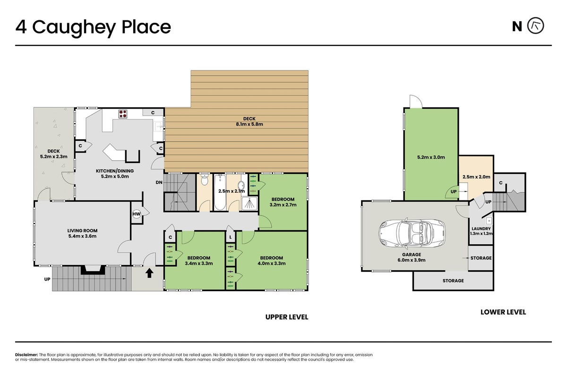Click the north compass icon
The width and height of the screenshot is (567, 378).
(536, 26)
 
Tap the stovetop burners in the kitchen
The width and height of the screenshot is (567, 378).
(123, 114)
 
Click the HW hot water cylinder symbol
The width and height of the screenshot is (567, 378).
(137, 214)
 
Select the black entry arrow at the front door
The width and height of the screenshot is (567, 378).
(149, 273)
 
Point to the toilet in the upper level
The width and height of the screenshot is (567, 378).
(204, 180)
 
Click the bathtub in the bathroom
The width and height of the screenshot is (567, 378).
(220, 192)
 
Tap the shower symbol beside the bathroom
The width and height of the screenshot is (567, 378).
(249, 204)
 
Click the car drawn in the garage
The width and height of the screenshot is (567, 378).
(412, 232)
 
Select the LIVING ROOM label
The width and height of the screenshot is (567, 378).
(82, 231)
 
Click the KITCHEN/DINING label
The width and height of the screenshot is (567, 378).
(115, 171)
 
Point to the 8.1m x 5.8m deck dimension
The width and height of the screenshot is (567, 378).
(249, 124)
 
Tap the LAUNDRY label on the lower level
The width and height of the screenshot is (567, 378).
(481, 229)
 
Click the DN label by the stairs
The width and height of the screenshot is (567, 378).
(159, 182)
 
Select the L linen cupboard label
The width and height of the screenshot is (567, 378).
(231, 238)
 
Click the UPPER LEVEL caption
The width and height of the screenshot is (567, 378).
(287, 317)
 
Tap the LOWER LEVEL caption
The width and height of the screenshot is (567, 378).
(503, 312)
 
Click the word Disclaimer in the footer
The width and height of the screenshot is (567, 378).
(26, 355)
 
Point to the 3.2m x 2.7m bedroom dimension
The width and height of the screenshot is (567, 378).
(283, 205)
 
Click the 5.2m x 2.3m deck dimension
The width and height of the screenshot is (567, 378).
(54, 157)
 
